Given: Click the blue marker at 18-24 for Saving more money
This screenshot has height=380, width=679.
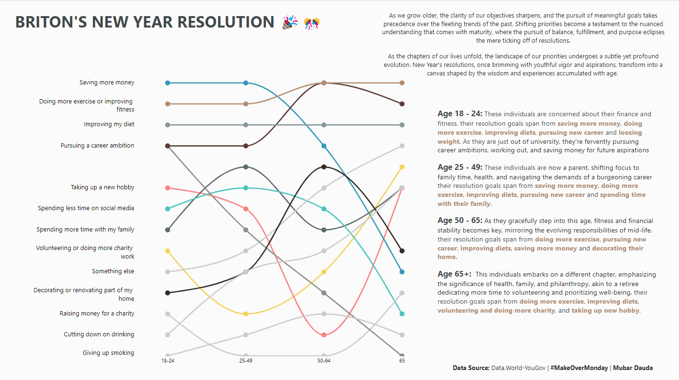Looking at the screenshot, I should point(167,83).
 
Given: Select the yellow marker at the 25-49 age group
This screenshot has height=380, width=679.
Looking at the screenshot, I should point(245,314).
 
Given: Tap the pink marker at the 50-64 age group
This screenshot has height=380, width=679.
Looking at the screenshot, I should point(324,335).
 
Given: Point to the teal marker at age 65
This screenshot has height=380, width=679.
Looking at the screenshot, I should point(402,314).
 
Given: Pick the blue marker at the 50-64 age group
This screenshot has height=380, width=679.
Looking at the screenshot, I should point(324,146).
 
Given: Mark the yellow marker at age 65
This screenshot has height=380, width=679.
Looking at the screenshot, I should point(402,167).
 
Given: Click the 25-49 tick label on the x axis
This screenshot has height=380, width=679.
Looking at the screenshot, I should point(245,361).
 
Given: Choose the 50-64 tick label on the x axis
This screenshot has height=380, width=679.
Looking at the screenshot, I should point(324,361).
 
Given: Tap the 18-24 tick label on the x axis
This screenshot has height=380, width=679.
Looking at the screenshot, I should point(167,361).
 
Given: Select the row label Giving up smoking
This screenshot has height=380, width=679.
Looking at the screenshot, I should point(108,353).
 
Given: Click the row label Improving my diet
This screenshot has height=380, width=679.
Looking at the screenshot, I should point(109,124).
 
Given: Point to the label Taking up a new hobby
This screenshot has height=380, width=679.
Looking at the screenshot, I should point(102,187).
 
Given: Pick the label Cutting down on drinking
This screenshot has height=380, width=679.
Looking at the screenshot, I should point(99,334).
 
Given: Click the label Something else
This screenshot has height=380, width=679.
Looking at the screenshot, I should point(113,271).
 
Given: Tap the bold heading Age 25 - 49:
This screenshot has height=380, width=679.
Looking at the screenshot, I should point(460,167).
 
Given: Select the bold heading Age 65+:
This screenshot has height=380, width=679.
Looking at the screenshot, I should point(454,274).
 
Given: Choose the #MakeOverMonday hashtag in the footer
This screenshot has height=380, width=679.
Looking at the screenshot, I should point(579,368).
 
